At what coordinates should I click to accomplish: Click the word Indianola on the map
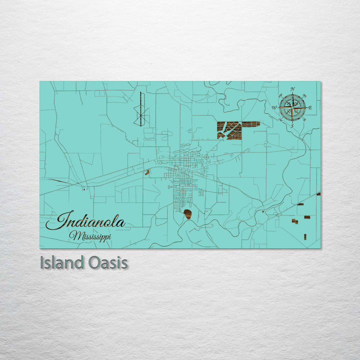click(x=85, y=221)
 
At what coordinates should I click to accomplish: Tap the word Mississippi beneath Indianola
click(x=90, y=235)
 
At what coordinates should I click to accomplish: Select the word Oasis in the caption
click(x=106, y=262)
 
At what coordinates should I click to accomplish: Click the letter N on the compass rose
click(x=292, y=89)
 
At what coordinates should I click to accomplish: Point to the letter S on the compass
click(x=292, y=126)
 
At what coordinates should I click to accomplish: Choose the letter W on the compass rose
click(x=274, y=107)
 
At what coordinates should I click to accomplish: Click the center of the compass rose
click(x=292, y=107)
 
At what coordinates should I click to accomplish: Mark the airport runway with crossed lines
click(x=140, y=109)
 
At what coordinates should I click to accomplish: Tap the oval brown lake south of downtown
click(x=188, y=214)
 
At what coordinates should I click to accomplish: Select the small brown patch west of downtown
click(x=147, y=172)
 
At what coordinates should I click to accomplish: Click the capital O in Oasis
click(x=87, y=262)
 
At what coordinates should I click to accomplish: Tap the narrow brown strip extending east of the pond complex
click(x=251, y=123)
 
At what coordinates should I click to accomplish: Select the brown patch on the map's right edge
click(x=318, y=193)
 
